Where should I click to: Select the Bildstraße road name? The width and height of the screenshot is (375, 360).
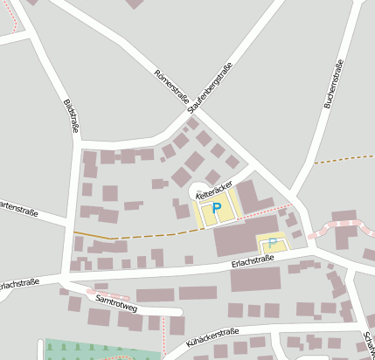tap(71, 116)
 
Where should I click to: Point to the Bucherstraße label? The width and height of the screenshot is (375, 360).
tap(330, 86)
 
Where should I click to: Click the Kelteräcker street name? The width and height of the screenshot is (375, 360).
tap(214, 185)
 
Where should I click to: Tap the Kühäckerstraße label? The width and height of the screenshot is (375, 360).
tap(212, 339)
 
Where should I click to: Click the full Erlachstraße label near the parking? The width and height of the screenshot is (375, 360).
tap(254, 262)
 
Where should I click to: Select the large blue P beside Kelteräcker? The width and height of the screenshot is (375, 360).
tap(216, 210)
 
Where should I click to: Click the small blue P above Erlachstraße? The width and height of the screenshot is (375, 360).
tap(272, 243)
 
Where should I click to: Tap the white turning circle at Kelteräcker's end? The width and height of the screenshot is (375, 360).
tap(197, 190)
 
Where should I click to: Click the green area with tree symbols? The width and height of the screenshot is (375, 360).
tap(87, 350)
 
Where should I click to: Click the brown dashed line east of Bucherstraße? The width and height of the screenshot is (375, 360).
tap(344, 158)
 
